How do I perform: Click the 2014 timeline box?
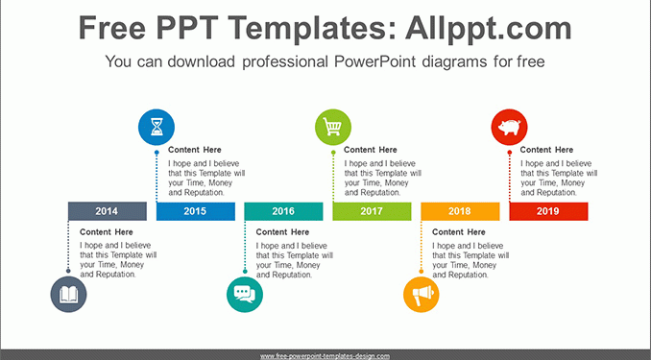click(108, 211)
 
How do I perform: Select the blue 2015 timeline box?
click(196, 211)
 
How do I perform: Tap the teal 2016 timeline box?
click(283, 211)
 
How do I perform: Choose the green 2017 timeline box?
click(372, 211)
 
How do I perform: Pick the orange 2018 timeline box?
click(460, 211)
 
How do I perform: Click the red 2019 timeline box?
click(548, 211)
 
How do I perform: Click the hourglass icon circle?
click(157, 127)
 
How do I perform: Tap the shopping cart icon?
click(333, 127)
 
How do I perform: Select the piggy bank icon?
click(510, 127)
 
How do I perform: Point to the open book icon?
click(68, 295)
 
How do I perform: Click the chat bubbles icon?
click(245, 295)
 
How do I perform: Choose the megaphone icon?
click(422, 295)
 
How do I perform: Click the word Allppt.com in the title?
click(489, 28)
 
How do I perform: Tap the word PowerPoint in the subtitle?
click(374, 61)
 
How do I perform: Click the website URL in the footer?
click(325, 356)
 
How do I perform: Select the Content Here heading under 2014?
click(107, 231)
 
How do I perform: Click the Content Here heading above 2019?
click(546, 150)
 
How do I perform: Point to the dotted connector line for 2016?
click(245, 246)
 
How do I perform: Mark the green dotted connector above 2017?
click(333, 177)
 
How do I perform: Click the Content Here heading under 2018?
click(459, 231)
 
